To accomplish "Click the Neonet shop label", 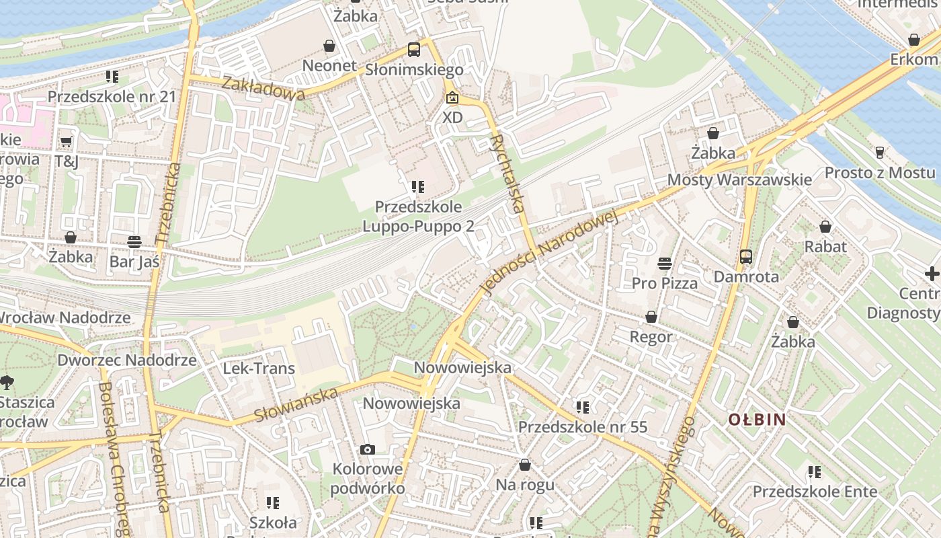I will [329, 65].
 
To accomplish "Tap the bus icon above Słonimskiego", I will [414, 49].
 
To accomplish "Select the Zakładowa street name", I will [263, 88].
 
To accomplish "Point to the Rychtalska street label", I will [507, 174].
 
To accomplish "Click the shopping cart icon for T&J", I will [66, 141].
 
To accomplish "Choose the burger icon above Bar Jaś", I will [134, 241].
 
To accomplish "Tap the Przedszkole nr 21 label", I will [112, 97].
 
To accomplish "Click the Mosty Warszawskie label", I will [739, 180].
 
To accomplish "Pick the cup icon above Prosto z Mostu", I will [879, 153].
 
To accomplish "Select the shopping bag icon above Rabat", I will [825, 227].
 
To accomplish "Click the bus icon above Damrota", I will [746, 256].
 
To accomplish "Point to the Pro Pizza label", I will [665, 283].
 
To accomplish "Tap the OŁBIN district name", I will [758, 420].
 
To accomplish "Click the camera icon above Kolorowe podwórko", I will [367, 449].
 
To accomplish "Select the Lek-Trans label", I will [259, 369].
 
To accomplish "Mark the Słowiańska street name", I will [296, 406].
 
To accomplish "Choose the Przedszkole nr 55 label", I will [582, 427].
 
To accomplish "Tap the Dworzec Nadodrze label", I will [127, 360].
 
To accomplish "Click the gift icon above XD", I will [453, 98].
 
